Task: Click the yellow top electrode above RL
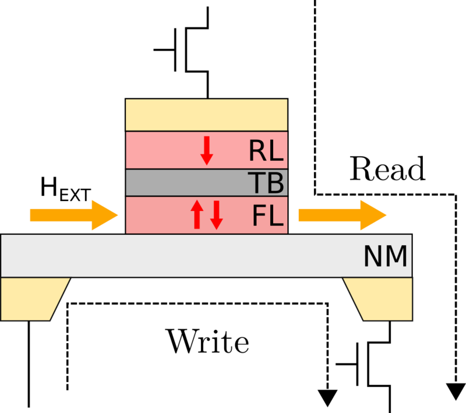tap(207, 115)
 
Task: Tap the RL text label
tap(266, 151)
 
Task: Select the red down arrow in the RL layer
tap(207, 151)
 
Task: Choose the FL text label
tap(267, 216)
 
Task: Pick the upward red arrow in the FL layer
tap(197, 214)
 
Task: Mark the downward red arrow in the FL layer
tap(217, 214)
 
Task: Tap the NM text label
tap(385, 257)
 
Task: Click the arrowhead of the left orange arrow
tap(105, 216)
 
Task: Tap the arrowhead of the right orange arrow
tap(373, 216)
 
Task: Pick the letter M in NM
tap(396, 257)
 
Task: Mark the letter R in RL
tap(258, 151)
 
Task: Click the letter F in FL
tap(260, 216)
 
